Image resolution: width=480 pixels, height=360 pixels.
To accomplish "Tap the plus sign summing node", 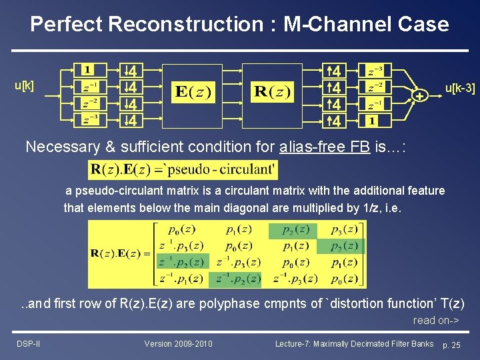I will tap(419, 97).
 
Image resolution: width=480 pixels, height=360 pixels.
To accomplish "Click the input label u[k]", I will tap(25, 86).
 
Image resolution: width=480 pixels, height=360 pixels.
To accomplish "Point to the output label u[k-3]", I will tap(460, 87).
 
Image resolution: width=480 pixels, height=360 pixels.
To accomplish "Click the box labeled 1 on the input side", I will tap(88, 70).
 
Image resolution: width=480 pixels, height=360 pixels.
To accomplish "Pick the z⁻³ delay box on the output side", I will tap(375, 70).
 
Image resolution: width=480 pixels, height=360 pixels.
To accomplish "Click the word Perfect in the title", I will tap(66, 25).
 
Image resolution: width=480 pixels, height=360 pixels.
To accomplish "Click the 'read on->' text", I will tap(436, 321).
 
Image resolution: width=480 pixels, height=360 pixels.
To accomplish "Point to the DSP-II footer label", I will tap(27, 344).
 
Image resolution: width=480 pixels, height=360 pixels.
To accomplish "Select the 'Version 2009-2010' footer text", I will tap(178, 344).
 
